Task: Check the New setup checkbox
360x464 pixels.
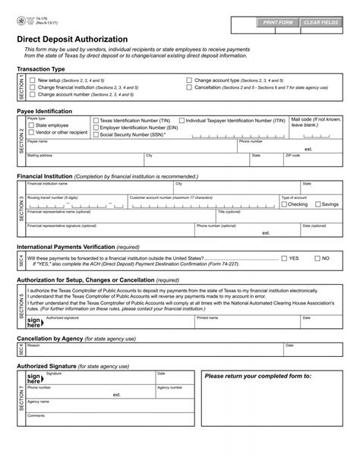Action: pos(32,80)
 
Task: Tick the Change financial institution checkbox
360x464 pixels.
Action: pos(32,87)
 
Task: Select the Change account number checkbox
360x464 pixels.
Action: pos(32,95)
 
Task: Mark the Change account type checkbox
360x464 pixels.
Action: pos(189,80)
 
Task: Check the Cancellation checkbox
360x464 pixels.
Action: pos(189,87)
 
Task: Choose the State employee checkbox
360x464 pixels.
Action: pos(32,125)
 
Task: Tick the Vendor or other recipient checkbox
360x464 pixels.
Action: pos(32,133)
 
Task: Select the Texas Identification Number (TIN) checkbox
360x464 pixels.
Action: pos(95,120)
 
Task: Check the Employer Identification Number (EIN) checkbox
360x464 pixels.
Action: pos(95,128)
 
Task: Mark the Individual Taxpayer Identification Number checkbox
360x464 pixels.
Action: pos(181,120)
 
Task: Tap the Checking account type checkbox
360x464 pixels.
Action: pos(284,204)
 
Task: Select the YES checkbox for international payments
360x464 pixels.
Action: pos(284,258)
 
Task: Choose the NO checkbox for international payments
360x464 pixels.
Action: pos(317,258)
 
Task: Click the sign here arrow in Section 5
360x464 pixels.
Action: pos(34,324)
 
